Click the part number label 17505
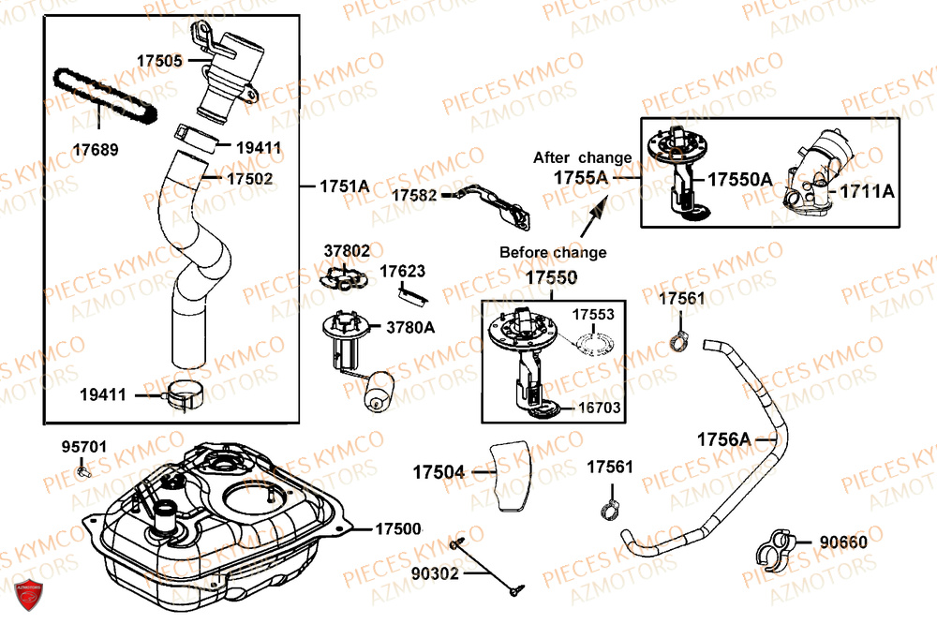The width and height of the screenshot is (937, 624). (x=159, y=60)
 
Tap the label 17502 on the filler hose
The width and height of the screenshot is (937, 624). (x=250, y=177)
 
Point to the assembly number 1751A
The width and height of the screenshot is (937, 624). (x=344, y=186)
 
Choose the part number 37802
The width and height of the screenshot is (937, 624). (x=347, y=251)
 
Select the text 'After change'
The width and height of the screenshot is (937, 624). (x=582, y=157)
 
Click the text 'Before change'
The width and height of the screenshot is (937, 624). (x=552, y=252)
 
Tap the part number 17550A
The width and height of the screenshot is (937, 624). (x=739, y=178)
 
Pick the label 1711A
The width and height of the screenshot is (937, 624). (x=868, y=191)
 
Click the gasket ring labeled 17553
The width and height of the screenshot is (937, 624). (x=595, y=344)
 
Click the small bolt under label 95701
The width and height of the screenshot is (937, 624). (x=85, y=473)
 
